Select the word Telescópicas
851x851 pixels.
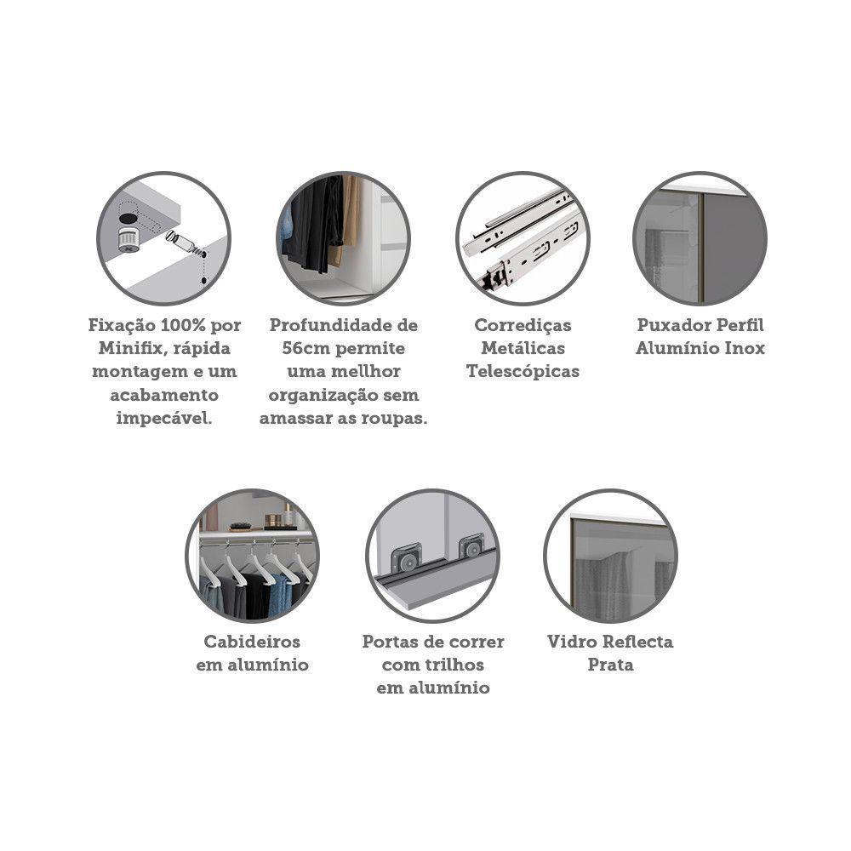tap(523, 371)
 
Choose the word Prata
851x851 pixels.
tap(610, 665)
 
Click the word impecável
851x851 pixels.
tap(164, 418)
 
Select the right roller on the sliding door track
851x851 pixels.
tap(471, 547)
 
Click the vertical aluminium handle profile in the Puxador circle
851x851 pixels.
tap(700, 247)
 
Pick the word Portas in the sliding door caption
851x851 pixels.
tap(390, 642)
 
